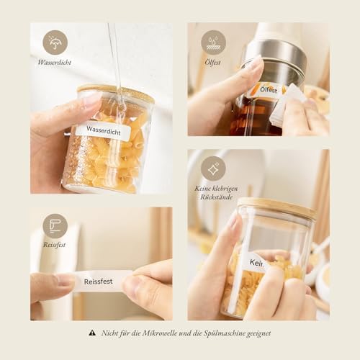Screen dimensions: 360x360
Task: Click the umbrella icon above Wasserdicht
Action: pyautogui.click(x=55, y=42)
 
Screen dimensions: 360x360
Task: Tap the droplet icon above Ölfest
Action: pyautogui.click(x=213, y=42)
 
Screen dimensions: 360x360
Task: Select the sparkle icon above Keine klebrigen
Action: pyautogui.click(x=213, y=168)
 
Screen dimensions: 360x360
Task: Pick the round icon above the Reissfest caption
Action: pyautogui.click(x=55, y=226)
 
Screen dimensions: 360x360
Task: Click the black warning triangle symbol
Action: pyautogui.click(x=92, y=333)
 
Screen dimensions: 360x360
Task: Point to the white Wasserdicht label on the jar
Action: pyautogui.click(x=103, y=131)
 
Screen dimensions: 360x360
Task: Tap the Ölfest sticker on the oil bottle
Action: pyautogui.click(x=268, y=90)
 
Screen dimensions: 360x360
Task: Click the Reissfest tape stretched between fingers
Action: pyautogui.click(x=99, y=282)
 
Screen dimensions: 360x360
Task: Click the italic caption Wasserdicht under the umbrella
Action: pyautogui.click(x=55, y=63)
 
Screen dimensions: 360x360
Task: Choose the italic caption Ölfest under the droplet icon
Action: pyautogui.click(x=212, y=63)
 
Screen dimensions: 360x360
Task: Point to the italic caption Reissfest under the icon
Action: pyautogui.click(x=55, y=245)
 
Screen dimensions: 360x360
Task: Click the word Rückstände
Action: pyautogui.click(x=213, y=197)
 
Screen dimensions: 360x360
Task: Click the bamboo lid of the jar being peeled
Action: pyautogui.click(x=276, y=208)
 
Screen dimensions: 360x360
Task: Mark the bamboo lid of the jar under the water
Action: pyautogui.click(x=115, y=93)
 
